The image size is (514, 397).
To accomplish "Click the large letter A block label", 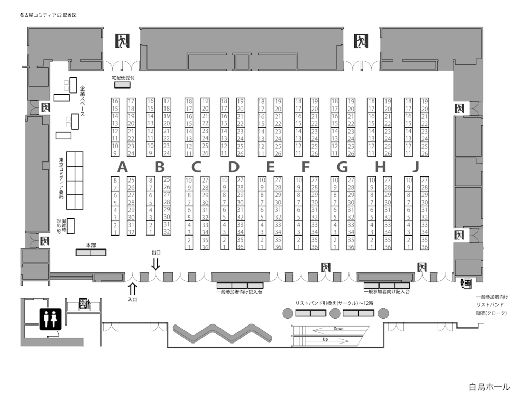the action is click(122, 167).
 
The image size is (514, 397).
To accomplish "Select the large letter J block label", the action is click(416, 167).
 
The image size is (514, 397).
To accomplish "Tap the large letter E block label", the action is click(270, 167).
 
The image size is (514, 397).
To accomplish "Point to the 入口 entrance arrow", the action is click(132, 288).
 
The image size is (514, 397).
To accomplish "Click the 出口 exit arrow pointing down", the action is click(156, 264).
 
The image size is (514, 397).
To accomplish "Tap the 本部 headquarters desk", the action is click(91, 252).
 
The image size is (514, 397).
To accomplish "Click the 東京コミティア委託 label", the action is click(61, 180).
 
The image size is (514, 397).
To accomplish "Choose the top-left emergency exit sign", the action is click(122, 41).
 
